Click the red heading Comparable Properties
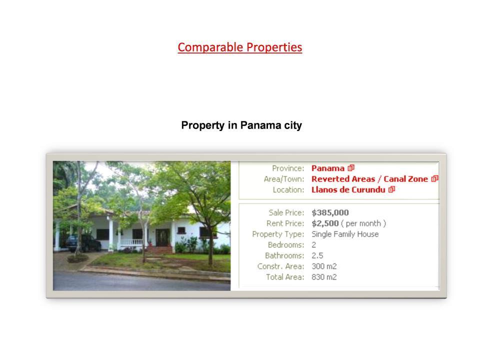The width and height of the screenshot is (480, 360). (x=240, y=47)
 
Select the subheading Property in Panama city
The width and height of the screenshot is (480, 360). (x=241, y=125)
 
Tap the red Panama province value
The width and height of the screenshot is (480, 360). (x=328, y=168)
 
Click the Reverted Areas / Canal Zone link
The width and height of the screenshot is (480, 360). (x=369, y=179)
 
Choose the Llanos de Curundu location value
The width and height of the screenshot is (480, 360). (x=348, y=190)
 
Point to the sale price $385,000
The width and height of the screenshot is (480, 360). (x=330, y=213)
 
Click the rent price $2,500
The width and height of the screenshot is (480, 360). (x=325, y=223)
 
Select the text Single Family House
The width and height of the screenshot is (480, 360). (x=345, y=234)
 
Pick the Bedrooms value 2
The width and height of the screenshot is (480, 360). (x=314, y=245)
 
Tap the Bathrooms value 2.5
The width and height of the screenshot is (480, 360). (x=317, y=255)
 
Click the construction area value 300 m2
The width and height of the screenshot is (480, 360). (x=324, y=266)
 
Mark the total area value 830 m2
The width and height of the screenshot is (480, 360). (x=324, y=277)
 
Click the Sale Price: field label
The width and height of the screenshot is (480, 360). (x=286, y=213)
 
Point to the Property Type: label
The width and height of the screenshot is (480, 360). (x=278, y=234)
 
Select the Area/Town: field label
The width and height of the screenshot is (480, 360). (x=284, y=179)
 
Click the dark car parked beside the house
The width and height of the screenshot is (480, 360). (x=83, y=243)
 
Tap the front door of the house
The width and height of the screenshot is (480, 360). (x=162, y=237)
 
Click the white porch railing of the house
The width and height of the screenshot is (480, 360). (x=131, y=242)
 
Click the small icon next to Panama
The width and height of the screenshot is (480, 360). (x=351, y=168)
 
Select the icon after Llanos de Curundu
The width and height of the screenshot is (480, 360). (x=392, y=189)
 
